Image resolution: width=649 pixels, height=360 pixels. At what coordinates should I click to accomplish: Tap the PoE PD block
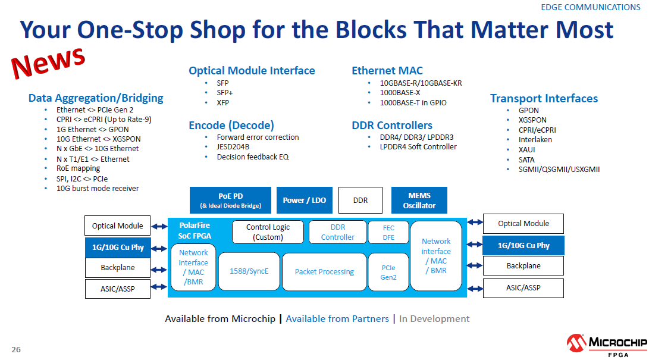230,200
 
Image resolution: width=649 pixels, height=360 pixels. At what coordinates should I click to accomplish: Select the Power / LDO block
304,200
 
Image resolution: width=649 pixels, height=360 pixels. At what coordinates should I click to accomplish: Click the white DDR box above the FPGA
360,200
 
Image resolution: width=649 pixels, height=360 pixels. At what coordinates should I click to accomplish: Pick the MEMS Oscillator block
419,200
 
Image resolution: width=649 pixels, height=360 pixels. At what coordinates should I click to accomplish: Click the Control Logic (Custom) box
268,232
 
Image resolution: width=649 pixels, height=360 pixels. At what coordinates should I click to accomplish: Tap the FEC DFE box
388,232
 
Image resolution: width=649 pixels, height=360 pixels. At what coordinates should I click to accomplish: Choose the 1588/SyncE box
249,271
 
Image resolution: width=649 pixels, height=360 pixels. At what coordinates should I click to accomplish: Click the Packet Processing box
324,271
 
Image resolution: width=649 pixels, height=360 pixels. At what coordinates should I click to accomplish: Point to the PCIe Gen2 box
388,272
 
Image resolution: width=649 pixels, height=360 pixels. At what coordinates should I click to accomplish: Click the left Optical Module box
117,226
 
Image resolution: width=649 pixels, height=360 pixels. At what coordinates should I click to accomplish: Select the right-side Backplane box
523,265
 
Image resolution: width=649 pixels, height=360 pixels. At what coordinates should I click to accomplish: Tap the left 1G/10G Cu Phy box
117,247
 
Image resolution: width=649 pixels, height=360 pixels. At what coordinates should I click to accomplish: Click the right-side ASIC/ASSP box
523,288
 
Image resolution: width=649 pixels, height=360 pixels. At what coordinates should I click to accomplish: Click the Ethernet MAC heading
387,71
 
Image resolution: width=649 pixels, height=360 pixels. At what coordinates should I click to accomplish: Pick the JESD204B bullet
233,147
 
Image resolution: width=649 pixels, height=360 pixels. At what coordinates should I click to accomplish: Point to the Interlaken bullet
535,140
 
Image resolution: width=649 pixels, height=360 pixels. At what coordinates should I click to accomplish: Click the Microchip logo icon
576,343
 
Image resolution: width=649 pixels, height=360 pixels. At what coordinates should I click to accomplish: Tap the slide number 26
16,349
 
